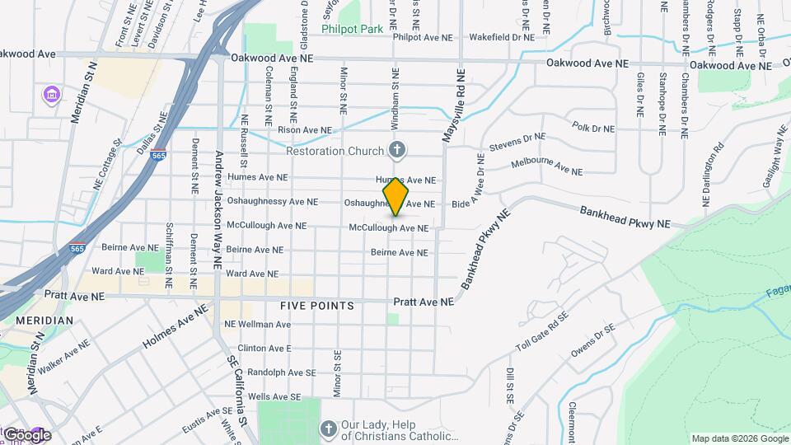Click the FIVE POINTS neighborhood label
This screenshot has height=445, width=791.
(x=316, y=306)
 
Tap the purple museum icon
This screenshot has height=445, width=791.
(x=52, y=96)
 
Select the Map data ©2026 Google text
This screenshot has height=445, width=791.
(x=738, y=438)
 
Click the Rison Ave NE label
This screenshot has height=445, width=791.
(x=304, y=130)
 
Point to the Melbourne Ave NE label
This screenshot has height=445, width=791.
(x=546, y=166)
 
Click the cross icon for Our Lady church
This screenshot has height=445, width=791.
(x=328, y=429)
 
